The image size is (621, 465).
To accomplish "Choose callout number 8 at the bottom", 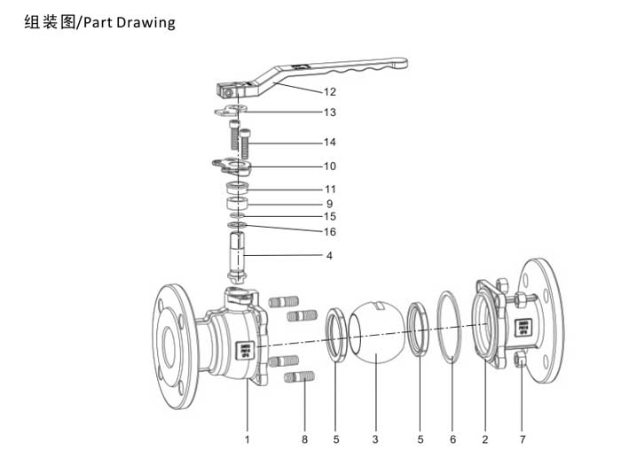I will coord(304,438).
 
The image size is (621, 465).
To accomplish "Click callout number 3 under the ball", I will coord(375,438).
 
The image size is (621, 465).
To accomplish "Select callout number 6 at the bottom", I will coord(452,438).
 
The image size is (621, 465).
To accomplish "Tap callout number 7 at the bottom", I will coord(523,438).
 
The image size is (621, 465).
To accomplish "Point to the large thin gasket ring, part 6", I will coord(452,327).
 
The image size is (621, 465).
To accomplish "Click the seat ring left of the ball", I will coord(336,335).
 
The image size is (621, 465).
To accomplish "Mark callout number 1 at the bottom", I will coord(247,438).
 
